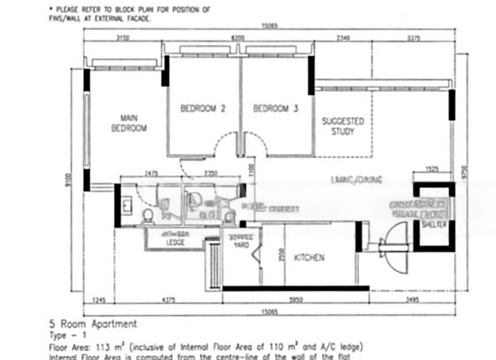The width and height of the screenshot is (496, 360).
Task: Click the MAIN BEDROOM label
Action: [x=129, y=123]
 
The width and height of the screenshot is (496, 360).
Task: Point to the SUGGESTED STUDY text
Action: [x=342, y=126]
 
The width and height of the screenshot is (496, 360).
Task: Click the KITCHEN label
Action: [x=309, y=258]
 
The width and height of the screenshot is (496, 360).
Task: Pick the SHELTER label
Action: [x=433, y=224]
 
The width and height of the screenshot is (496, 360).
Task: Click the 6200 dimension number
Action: [x=238, y=38]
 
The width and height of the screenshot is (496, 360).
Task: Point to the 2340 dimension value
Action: [x=342, y=38]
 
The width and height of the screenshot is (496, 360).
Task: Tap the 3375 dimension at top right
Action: [x=414, y=38]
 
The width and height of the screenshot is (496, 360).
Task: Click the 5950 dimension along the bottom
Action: [x=295, y=301]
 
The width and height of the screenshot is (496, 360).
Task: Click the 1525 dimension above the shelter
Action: [x=433, y=169]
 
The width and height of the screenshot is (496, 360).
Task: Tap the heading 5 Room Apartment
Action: [x=92, y=324]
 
